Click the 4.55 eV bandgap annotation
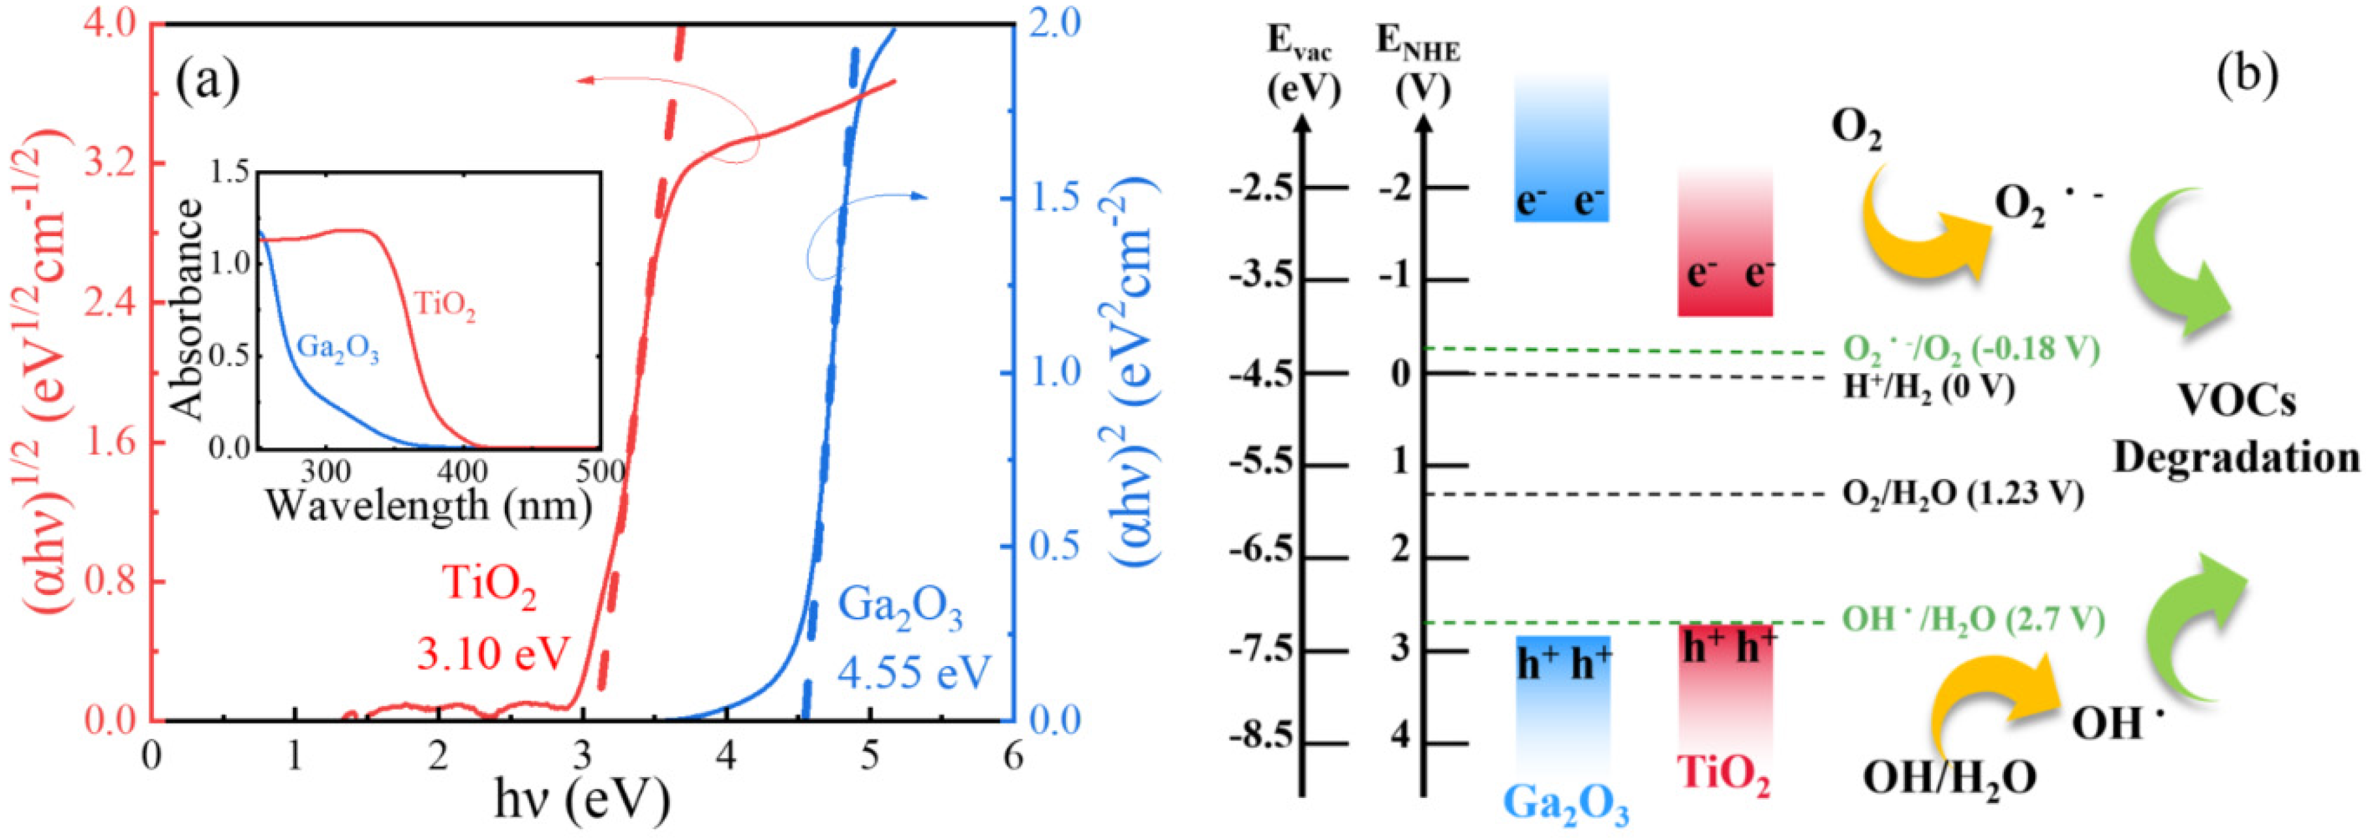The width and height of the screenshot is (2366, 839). (x=913, y=673)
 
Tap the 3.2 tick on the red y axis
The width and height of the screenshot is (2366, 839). (x=111, y=164)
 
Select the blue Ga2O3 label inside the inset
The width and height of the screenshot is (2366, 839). (x=338, y=351)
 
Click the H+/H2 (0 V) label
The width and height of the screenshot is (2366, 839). (x=1929, y=387)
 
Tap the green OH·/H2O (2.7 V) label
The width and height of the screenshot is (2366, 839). (x=1972, y=620)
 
